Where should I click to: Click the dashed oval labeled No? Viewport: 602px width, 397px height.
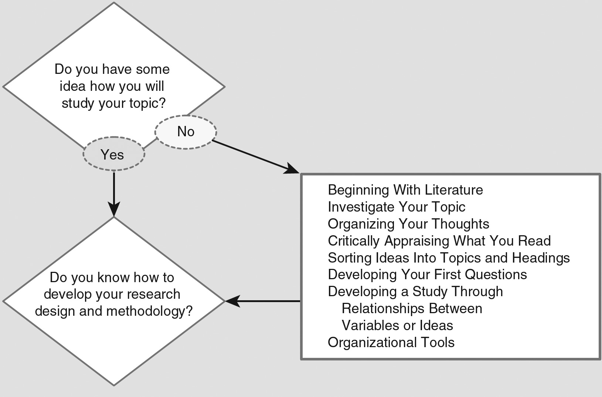point(186,132)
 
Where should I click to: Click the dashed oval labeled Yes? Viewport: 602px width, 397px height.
point(113,154)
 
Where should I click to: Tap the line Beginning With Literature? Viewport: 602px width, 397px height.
point(405,190)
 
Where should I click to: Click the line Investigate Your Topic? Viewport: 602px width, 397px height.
point(396,207)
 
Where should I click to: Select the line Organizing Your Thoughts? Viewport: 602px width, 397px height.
point(408,224)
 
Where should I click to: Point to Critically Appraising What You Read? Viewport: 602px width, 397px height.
point(439,241)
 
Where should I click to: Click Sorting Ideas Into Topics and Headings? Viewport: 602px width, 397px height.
point(448,258)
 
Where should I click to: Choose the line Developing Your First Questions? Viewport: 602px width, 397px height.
point(427,275)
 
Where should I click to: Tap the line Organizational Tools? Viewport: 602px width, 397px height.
point(391,343)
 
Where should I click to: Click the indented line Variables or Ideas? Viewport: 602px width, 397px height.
point(397,326)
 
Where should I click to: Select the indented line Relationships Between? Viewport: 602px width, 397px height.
point(412,309)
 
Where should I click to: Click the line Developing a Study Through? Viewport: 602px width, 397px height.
point(415,292)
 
